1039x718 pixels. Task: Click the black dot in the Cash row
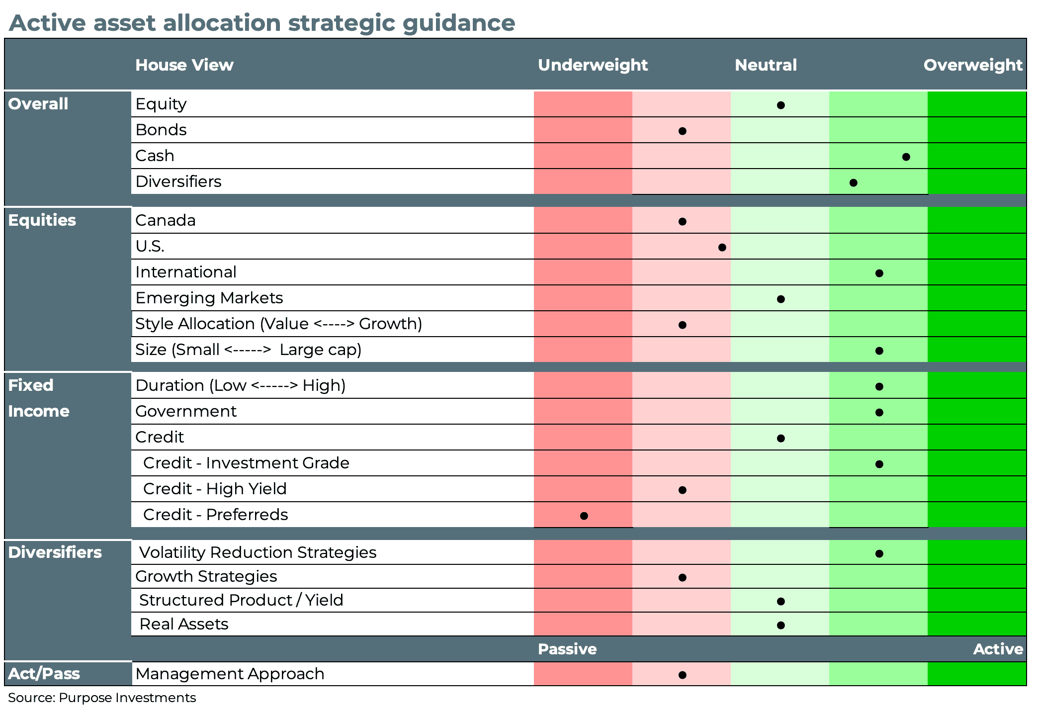[x=906, y=157]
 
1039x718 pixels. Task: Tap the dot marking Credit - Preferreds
[x=584, y=516]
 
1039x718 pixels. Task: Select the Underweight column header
[x=593, y=65]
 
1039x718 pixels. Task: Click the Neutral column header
[x=766, y=65]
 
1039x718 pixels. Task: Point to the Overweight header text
[x=972, y=65]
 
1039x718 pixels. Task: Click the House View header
[x=184, y=65]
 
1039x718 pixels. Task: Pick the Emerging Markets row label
[x=209, y=298]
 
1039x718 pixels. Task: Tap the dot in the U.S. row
[x=722, y=247]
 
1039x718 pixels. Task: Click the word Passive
[x=567, y=649]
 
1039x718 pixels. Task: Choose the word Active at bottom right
[x=998, y=649]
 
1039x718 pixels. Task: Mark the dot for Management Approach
[x=683, y=675]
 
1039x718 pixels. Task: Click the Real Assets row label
[x=183, y=624]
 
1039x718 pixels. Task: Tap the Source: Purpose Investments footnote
[x=102, y=698]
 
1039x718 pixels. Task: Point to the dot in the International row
[x=879, y=273]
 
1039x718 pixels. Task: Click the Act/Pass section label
[x=44, y=674]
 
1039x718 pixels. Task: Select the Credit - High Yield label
[x=215, y=489]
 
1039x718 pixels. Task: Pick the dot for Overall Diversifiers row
[x=854, y=183]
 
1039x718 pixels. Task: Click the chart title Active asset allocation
[x=262, y=23]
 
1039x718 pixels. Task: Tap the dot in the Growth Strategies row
[x=683, y=577]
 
